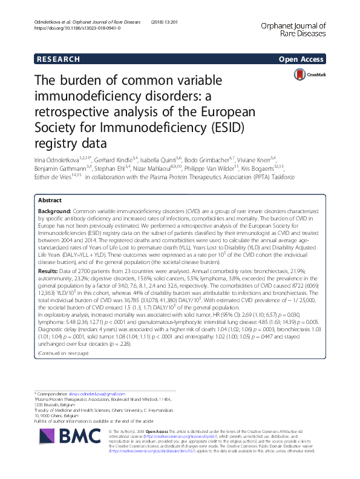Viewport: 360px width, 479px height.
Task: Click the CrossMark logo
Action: click(309, 74)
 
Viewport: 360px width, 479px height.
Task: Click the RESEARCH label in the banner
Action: click(58, 59)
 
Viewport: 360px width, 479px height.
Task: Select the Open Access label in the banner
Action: click(301, 59)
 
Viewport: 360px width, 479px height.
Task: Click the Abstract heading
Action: click(50, 199)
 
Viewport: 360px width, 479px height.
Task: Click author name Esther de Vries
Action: click(55, 177)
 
